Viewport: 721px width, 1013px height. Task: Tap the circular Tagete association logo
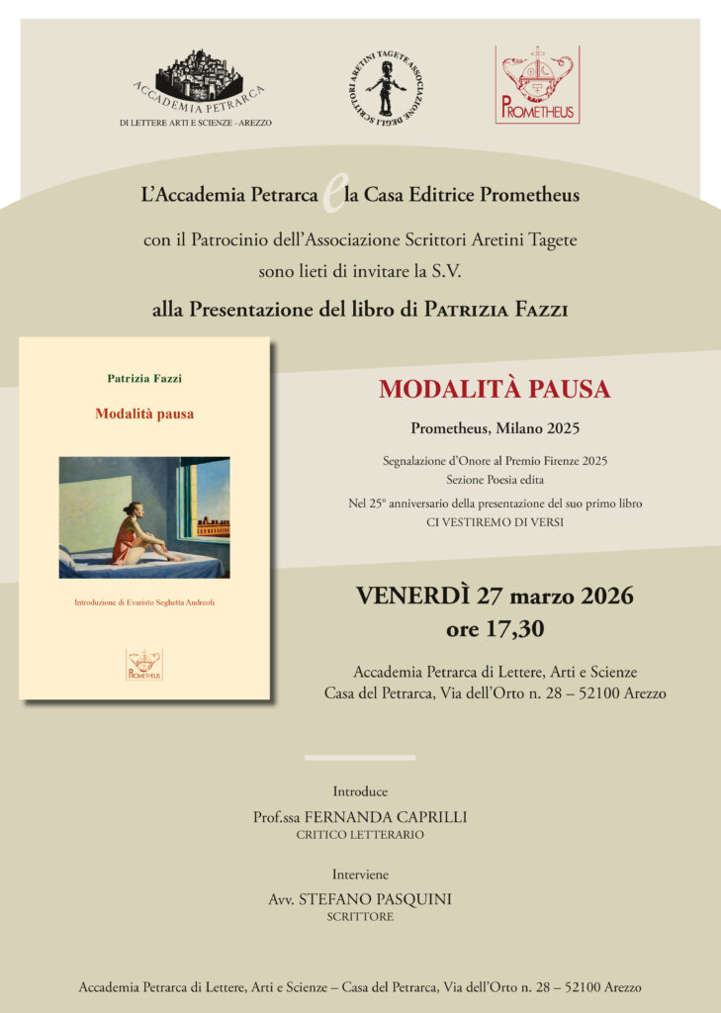pos(386,88)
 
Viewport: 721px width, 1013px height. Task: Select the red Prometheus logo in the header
pos(537,84)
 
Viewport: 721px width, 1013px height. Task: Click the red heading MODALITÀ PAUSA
pos(495,390)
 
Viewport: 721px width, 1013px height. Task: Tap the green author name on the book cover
pos(145,377)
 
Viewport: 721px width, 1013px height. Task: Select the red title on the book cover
pos(144,414)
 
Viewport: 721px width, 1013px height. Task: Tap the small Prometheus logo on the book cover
pos(144,664)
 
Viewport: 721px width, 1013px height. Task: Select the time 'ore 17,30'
pos(495,628)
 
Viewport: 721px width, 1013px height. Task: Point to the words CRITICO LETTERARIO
pos(360,835)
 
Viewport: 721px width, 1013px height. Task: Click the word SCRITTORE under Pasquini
pos(360,917)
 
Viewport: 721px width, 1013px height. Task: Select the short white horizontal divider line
pos(360,758)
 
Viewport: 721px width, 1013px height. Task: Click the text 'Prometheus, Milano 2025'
pos(495,429)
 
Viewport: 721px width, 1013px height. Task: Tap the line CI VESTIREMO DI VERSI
pos(495,521)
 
